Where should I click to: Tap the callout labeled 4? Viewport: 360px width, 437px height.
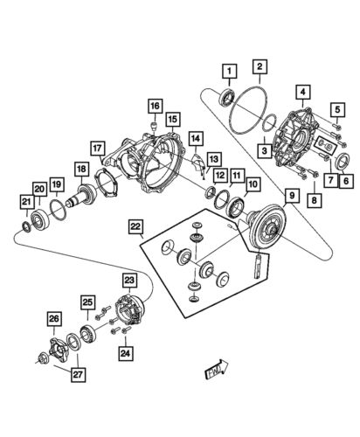pos(301,91)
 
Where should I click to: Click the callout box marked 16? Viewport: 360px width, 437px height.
pos(154,107)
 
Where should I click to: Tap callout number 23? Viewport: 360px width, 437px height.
pos(129,281)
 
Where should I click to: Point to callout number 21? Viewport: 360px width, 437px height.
pos(25,203)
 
